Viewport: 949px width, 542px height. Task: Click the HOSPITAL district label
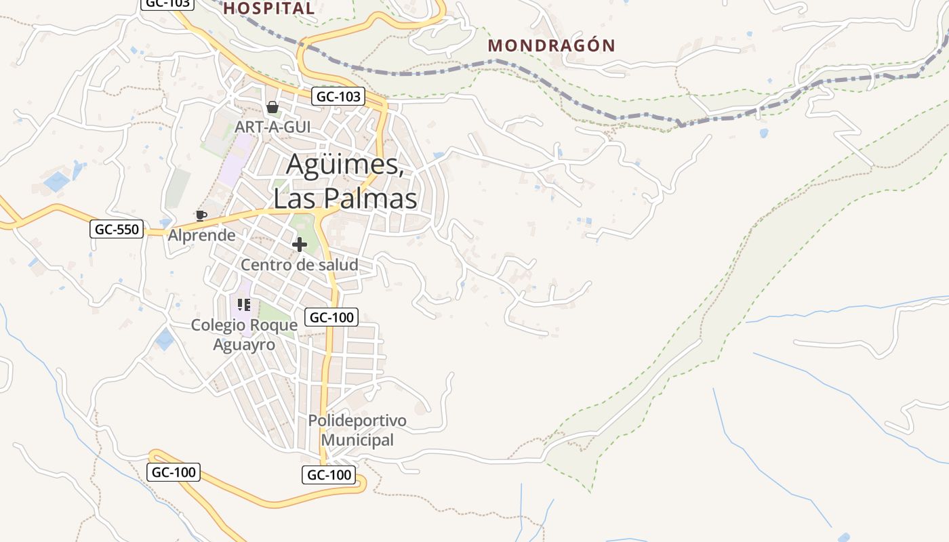pos(269,8)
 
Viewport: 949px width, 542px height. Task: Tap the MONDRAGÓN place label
pos(552,45)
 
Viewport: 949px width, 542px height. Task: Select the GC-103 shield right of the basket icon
pos(339,96)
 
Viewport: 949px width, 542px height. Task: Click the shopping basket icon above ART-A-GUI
pos(272,107)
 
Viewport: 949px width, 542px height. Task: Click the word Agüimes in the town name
pos(345,165)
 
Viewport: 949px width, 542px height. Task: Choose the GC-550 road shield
pos(117,229)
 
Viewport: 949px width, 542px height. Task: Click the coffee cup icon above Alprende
pos(201,215)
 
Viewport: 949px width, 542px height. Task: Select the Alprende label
pos(202,236)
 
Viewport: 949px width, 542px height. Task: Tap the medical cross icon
pos(300,245)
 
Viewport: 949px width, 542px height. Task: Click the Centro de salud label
pos(300,265)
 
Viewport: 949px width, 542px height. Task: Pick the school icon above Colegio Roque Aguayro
pos(244,305)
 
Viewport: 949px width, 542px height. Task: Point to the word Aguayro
pos(244,345)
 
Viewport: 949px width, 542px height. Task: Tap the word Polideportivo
pos(357,421)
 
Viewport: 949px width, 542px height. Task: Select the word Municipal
pos(357,440)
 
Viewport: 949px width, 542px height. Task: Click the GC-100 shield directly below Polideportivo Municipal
pos(329,475)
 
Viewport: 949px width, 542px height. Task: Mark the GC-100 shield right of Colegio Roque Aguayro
pos(331,316)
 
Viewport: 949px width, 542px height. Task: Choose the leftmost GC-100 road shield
pos(174,472)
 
